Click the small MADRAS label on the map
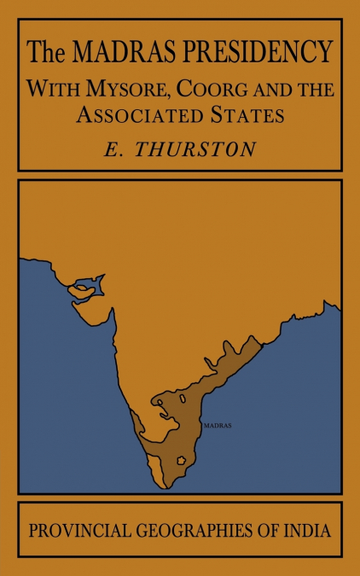click(x=218, y=424)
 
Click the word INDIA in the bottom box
click(x=308, y=530)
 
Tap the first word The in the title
click(x=41, y=54)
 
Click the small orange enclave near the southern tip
click(x=182, y=461)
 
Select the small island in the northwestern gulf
click(x=81, y=288)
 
